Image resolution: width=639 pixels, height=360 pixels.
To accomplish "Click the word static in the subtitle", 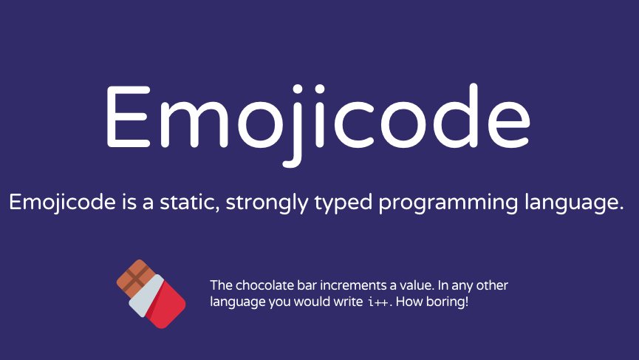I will click(x=191, y=201).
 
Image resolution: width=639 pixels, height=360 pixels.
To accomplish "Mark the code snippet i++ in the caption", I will click(x=375, y=303).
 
